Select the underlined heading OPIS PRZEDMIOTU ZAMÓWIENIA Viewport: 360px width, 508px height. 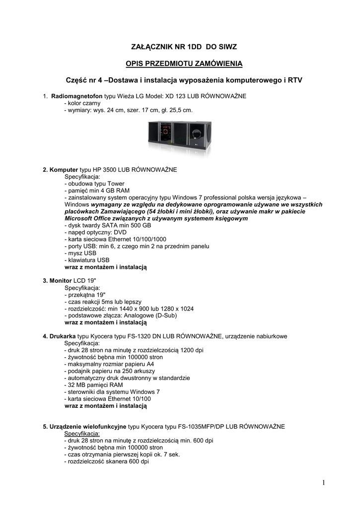[x=184, y=63]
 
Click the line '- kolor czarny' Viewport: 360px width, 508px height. [x=82, y=103]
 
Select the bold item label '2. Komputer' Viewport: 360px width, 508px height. [x=61, y=169]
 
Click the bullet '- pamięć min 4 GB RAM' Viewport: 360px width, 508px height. [x=96, y=190]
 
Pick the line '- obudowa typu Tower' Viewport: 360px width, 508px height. [x=94, y=184]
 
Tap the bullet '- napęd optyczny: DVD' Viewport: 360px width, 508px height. [x=95, y=232]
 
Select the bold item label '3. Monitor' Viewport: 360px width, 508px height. [x=57, y=281]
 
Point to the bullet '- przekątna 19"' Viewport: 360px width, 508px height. [x=85, y=295]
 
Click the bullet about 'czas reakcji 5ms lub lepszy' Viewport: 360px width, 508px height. [x=103, y=302]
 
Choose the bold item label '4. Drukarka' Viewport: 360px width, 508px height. [x=59, y=336]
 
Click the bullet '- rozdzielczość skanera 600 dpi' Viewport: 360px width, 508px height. [x=106, y=461]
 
